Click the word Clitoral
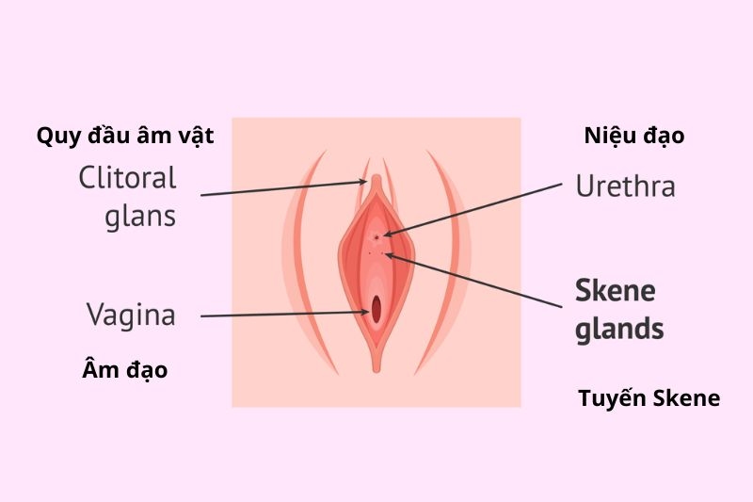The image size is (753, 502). tap(127, 177)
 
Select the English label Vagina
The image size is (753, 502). tap(131, 315)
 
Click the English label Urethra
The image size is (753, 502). tap(625, 186)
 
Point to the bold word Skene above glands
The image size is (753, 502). tap(615, 291)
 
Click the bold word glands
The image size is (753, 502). tap(619, 330)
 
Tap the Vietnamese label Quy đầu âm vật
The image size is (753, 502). tap(125, 136)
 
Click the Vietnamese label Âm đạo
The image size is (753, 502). tap(125, 370)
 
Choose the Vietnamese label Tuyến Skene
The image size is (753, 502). tap(649, 398)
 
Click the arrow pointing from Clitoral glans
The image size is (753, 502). tap(282, 189)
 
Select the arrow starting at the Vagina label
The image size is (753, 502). tap(282, 315)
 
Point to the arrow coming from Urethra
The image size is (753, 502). tap(471, 208)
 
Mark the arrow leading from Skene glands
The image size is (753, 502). tap(480, 279)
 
